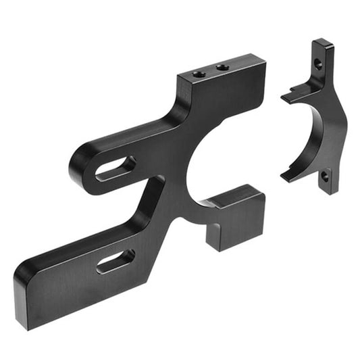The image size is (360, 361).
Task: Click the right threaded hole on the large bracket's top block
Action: click(221, 68)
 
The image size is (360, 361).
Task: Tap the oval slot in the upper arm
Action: click(115, 168)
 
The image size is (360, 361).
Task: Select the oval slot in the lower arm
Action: click(115, 261)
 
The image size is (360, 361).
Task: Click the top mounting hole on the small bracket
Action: click(317, 64)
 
